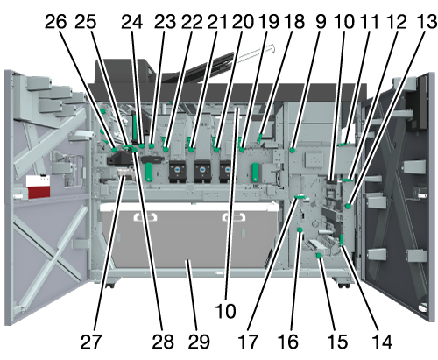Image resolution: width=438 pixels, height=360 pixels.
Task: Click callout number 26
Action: pyautogui.click(x=55, y=22)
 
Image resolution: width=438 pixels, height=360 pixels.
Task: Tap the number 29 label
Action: pyautogui.click(x=199, y=342)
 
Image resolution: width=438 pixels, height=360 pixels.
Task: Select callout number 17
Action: pyautogui.click(x=248, y=342)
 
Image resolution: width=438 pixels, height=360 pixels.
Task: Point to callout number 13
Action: pyautogui.click(x=427, y=22)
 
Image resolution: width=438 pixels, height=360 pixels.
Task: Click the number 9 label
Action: pyautogui.click(x=321, y=22)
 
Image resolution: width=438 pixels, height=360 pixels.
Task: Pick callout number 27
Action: pyautogui.click(x=91, y=342)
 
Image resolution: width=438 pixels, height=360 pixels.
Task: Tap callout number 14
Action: pyautogui.click(x=382, y=342)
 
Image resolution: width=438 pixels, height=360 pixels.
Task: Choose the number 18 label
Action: pyautogui.click(x=294, y=22)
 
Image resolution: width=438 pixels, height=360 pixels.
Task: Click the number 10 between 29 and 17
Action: pyautogui.click(x=225, y=311)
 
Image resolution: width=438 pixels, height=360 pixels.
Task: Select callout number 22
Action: pyautogui.click(x=192, y=22)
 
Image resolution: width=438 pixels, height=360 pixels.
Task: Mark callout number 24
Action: pyautogui.click(x=132, y=22)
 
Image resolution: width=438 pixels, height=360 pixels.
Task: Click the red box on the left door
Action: pyautogui.click(x=38, y=187)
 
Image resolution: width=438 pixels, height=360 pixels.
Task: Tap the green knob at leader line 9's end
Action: pyautogui.click(x=292, y=151)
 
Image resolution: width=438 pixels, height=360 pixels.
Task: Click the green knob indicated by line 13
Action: pyautogui.click(x=348, y=206)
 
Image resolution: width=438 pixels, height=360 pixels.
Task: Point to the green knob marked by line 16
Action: pyautogui.click(x=300, y=230)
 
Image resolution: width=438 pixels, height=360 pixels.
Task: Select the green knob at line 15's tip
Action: pyautogui.click(x=319, y=256)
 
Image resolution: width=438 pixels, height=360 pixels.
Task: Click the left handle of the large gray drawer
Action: pyautogui.click(x=145, y=217)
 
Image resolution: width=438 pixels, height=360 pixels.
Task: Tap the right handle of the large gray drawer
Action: pyautogui.click(x=234, y=217)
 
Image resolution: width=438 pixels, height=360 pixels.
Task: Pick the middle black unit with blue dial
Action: pyautogui.click(x=202, y=170)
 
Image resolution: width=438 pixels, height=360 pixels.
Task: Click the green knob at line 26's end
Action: pyautogui.click(x=114, y=150)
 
